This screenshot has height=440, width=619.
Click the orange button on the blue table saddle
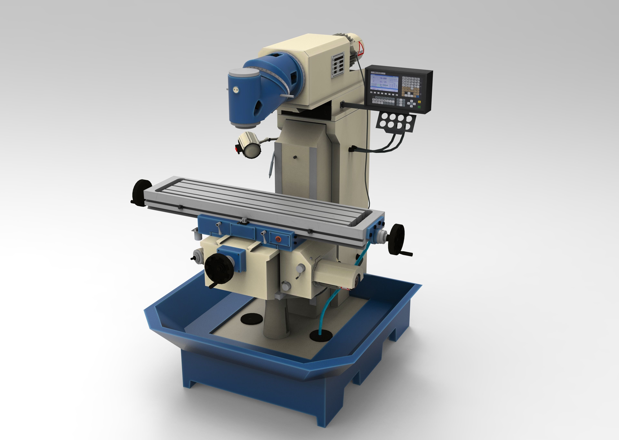click(x=277, y=239)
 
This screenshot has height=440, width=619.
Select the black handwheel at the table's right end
click(x=396, y=239)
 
